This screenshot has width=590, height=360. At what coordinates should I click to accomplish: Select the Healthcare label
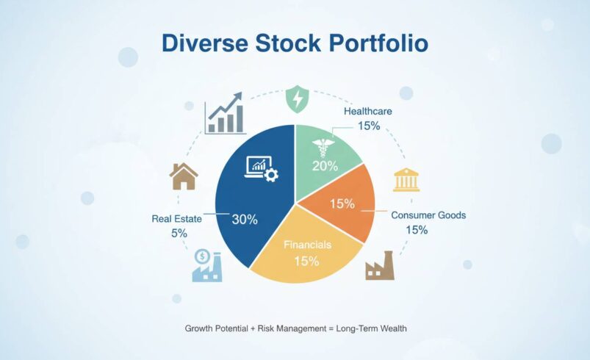368,111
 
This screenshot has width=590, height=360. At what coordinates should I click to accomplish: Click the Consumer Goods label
428,215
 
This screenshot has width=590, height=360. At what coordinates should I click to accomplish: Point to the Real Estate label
176,218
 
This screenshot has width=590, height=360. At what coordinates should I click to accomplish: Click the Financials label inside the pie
308,245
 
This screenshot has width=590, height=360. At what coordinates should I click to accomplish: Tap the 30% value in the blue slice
245,220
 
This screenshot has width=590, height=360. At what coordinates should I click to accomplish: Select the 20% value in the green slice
323,165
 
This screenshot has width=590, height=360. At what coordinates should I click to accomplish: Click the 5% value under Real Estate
179,233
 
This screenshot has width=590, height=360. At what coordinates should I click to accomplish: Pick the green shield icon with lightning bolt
297,98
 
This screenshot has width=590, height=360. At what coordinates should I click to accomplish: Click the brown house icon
183,176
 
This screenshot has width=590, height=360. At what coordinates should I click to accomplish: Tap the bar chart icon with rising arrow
224,112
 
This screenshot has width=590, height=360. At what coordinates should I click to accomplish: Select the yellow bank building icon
406,179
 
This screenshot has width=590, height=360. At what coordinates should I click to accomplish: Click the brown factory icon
379,267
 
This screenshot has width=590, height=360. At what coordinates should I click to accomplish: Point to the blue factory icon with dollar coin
206,265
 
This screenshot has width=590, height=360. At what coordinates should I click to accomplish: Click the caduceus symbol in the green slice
322,146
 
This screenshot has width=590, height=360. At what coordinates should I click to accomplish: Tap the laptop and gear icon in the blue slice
261,169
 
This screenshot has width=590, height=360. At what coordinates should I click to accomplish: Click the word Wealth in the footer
391,328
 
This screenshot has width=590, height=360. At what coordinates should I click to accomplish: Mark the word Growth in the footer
200,328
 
